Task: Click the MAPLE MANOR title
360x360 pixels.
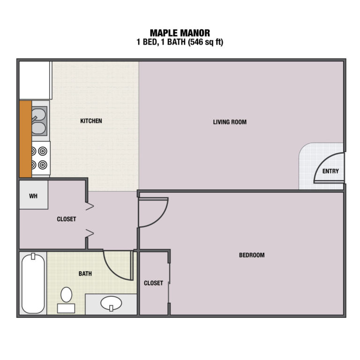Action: click(180, 33)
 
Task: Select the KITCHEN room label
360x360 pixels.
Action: click(91, 121)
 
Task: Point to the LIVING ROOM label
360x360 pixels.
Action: click(230, 122)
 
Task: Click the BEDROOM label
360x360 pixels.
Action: click(252, 255)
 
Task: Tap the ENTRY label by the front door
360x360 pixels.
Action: click(330, 171)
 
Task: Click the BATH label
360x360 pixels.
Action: click(85, 274)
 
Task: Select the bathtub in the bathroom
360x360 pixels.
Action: click(33, 283)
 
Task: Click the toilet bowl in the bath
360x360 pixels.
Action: click(67, 294)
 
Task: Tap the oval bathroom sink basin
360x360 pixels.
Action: click(111, 303)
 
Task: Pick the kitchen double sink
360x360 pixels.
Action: click(39, 121)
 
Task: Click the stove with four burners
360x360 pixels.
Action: click(41, 158)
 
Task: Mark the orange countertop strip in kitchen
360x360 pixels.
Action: click(25, 139)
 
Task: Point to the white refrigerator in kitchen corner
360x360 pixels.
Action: click(35, 80)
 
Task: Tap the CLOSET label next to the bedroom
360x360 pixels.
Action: click(153, 283)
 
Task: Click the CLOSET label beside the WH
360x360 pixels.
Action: click(67, 219)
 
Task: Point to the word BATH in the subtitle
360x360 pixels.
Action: click(176, 42)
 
